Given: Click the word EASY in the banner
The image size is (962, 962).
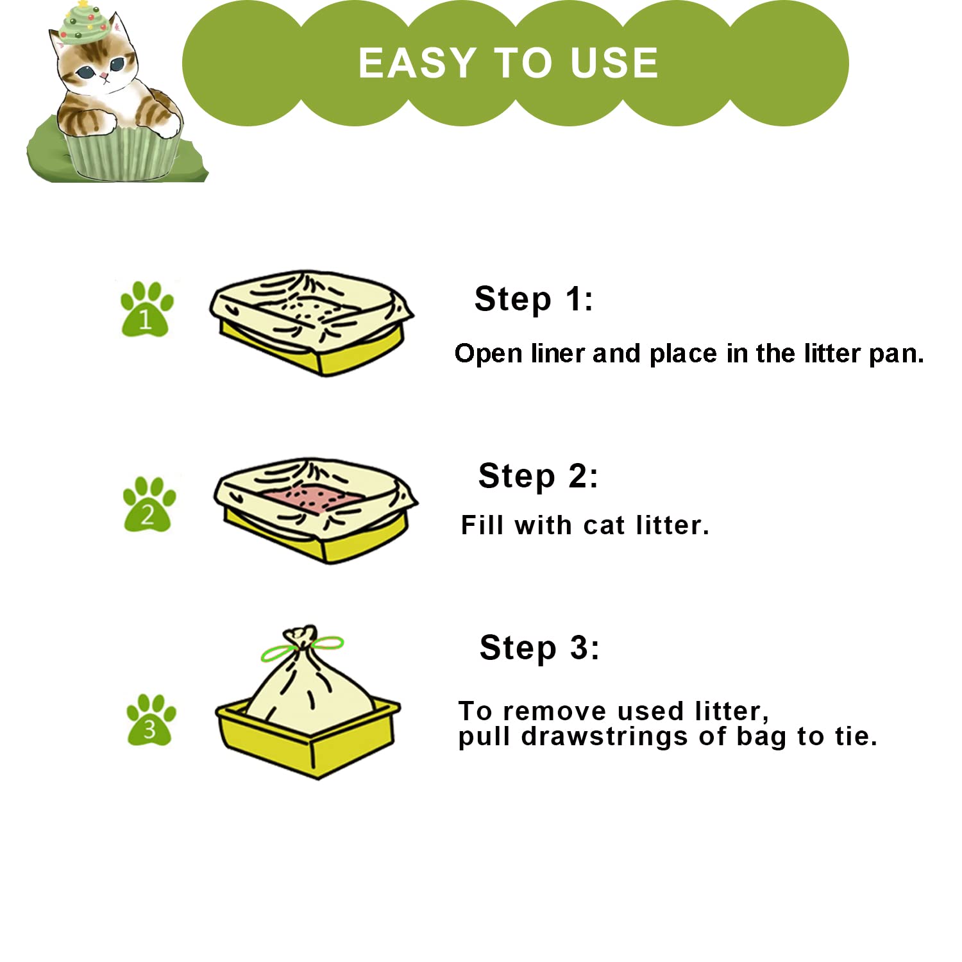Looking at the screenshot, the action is pos(417,63).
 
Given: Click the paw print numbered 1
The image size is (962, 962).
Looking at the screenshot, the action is pos(147,309).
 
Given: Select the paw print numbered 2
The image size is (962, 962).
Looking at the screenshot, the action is pos(149,504).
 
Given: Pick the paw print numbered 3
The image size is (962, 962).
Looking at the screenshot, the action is pos(151,720).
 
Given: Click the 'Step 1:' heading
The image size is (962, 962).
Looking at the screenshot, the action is pos(534,300).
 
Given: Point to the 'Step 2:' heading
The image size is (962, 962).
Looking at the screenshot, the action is pos(537,477).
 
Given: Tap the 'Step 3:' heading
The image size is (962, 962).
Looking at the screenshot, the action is pos(539,648).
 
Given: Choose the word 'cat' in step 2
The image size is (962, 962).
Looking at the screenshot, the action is pos(604,526).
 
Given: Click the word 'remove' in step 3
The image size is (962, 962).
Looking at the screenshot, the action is pos(554,712).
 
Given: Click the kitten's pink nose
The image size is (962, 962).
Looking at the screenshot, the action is pos(104,76).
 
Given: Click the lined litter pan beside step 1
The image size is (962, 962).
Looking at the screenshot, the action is pos(312,323).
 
